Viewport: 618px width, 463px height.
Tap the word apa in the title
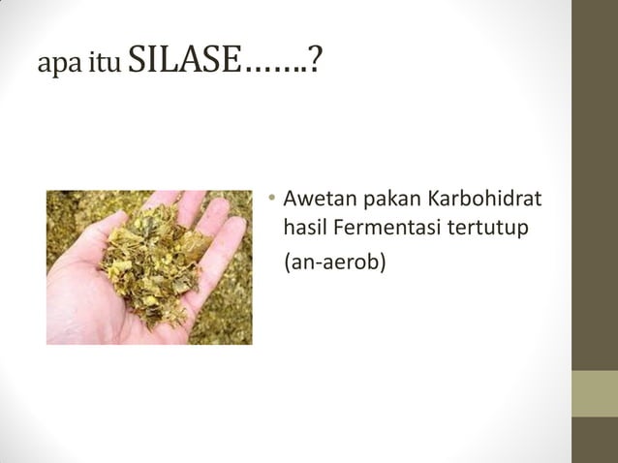(56, 67)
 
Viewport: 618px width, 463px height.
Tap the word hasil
(303, 229)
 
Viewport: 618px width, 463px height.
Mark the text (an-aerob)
(333, 261)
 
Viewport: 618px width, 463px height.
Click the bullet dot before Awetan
(273, 201)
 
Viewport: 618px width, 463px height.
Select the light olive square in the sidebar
(595, 393)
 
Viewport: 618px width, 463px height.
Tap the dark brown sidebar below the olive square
(595, 441)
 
